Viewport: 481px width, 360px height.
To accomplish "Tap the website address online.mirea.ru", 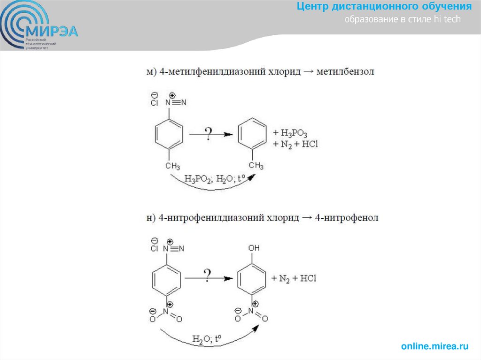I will (x=435, y=347).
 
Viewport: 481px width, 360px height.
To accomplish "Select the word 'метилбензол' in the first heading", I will (x=345, y=72).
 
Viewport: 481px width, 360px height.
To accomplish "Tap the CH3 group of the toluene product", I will (x=256, y=166).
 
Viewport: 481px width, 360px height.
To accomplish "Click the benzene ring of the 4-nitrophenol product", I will (x=253, y=280).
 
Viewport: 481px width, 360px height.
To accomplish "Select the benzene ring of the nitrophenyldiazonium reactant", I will (x=166, y=280).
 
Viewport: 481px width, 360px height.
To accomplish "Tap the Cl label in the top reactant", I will (x=155, y=103).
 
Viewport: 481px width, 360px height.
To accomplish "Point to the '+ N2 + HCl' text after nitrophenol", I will (x=294, y=278).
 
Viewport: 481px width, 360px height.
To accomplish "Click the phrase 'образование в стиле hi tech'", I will (x=403, y=20).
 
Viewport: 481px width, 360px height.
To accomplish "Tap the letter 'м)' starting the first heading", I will (x=151, y=72).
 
